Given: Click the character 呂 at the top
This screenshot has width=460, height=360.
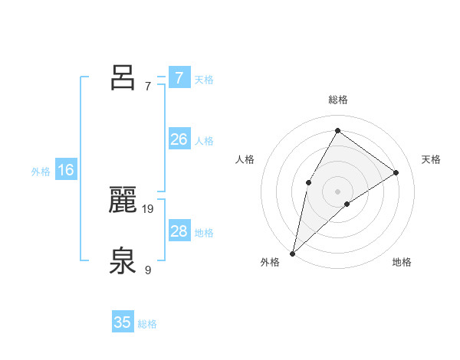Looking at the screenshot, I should click(x=123, y=77).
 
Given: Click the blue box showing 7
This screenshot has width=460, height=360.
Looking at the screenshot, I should click(x=179, y=77).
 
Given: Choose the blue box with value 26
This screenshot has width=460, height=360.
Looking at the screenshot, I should click(x=179, y=139).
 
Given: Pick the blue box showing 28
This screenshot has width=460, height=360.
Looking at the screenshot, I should click(x=179, y=231).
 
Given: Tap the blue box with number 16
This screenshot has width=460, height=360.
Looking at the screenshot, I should click(x=65, y=170).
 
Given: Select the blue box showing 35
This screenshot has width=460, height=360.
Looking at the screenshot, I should click(x=123, y=322).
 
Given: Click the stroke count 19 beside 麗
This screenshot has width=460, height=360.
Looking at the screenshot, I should click(x=148, y=208).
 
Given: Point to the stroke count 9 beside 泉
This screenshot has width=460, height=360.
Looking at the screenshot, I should click(x=148, y=270).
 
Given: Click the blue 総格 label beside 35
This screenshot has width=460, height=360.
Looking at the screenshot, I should click(x=147, y=324).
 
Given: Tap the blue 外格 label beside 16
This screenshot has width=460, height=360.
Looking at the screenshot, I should click(x=41, y=172).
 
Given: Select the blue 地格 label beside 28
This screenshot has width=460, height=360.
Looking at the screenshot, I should click(x=204, y=233).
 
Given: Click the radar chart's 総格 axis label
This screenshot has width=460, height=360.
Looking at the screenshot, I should click(x=337, y=100).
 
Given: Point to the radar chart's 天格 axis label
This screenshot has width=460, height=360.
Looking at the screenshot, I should click(x=432, y=159).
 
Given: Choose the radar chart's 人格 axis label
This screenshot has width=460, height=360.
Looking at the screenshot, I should click(x=245, y=159).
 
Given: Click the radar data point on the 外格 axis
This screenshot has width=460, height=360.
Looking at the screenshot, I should click(x=293, y=253).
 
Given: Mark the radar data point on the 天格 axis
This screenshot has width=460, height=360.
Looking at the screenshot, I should click(x=396, y=172).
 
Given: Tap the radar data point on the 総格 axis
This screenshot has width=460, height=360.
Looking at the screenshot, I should click(x=337, y=130).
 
